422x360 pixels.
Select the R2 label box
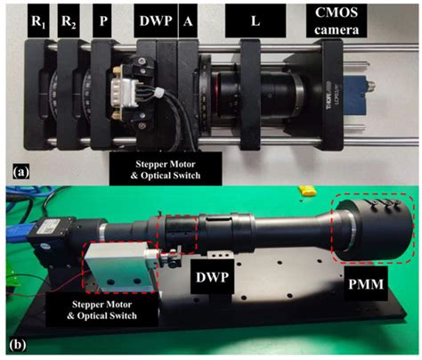pyautogui.click(x=74, y=20)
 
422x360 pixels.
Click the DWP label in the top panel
pyautogui.click(x=152, y=20)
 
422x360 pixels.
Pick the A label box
pyautogui.click(x=187, y=20)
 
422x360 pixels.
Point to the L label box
pyautogui.click(x=256, y=20)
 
